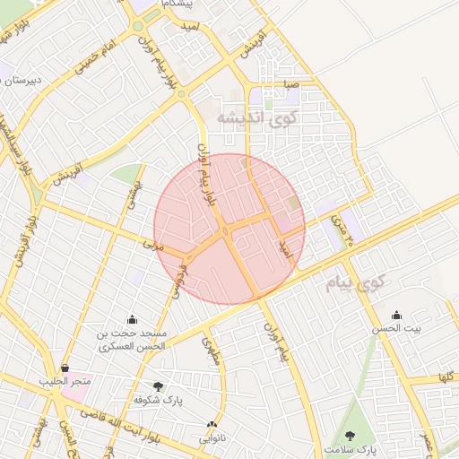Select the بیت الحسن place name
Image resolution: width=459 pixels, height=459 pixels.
pos(396,329)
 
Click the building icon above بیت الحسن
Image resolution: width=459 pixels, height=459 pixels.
pos(396,315)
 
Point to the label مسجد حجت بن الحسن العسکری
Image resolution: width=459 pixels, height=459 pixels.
pos(133,339)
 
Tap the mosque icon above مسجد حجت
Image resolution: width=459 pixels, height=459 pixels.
pos(133,319)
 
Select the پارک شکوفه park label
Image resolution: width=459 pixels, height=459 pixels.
pos(158,399)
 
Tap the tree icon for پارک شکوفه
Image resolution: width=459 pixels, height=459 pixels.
pos(159,385)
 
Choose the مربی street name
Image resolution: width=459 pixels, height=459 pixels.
pos(149,242)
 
